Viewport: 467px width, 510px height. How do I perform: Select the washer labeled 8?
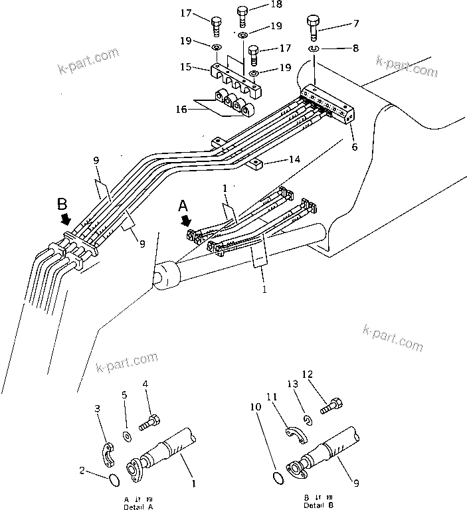point(314,50)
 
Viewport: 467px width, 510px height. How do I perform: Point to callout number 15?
point(185,67)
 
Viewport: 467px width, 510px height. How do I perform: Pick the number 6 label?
point(355,147)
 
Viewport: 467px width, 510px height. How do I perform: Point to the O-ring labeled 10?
point(280,477)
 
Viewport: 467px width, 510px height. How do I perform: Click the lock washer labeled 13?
point(308,420)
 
